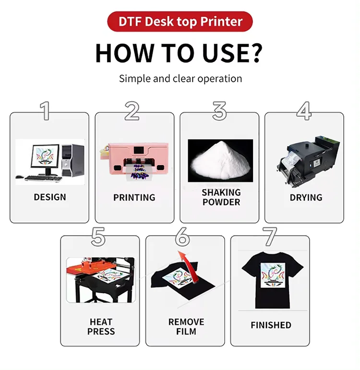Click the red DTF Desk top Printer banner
point(180,22)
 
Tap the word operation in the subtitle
point(220,79)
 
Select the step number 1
point(45,111)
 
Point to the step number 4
point(304,111)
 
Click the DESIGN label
point(50,197)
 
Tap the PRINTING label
point(134,197)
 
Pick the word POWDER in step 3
point(221,202)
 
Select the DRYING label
point(306,197)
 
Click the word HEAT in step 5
point(101,322)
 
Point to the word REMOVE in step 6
point(186,322)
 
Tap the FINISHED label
point(271,325)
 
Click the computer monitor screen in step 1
point(45,156)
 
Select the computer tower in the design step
point(72,160)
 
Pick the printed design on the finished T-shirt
point(273,275)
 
